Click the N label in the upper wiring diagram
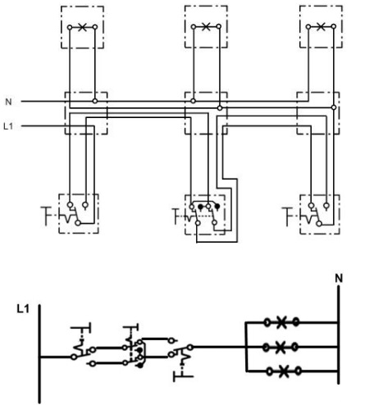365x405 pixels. (8, 102)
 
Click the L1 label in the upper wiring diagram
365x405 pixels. (8, 126)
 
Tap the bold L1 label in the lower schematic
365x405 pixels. (23, 309)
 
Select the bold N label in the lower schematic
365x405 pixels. (339, 279)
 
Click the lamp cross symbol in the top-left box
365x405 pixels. (82, 27)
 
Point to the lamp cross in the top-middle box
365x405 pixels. (206, 27)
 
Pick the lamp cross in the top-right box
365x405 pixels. (321, 27)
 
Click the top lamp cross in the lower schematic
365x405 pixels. (281, 322)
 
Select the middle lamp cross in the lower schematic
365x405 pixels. (281, 347)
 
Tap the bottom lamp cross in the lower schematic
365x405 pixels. (284, 371)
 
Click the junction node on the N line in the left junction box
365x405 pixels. (95, 101)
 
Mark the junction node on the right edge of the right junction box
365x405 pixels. (334, 107)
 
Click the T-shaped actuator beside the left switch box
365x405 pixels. (47, 216)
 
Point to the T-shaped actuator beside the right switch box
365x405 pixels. (288, 216)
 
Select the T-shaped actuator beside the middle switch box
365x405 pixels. (177, 216)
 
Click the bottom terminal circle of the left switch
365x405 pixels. (78, 223)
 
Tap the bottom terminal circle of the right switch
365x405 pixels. (319, 224)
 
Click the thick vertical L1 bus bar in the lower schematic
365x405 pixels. (39, 353)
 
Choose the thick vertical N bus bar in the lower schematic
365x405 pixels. (339, 334)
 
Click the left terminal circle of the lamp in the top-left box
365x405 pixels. (70, 27)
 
